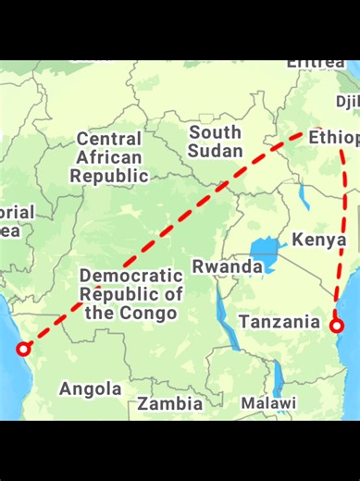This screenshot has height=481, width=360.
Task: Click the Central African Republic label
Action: point(109,157)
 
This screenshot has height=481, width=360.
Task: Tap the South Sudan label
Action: point(215,142)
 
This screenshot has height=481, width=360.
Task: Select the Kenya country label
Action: point(319,240)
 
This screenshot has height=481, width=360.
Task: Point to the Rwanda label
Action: point(227,266)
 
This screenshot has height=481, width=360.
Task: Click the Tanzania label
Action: point(279,322)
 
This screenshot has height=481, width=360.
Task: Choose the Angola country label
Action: point(91,389)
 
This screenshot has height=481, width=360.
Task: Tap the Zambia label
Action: point(170,404)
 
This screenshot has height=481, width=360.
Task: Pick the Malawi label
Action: point(268,403)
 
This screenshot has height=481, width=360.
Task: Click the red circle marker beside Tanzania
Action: point(338,325)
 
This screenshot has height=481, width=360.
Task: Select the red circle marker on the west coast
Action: point(24,349)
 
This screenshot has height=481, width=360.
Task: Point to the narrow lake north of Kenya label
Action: point(304,196)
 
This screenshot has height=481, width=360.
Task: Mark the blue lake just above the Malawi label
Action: point(277,376)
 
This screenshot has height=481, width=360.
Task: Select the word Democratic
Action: point(131,276)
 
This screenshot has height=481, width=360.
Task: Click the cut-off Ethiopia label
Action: point(333,138)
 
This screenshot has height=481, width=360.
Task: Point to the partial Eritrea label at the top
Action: point(317,63)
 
